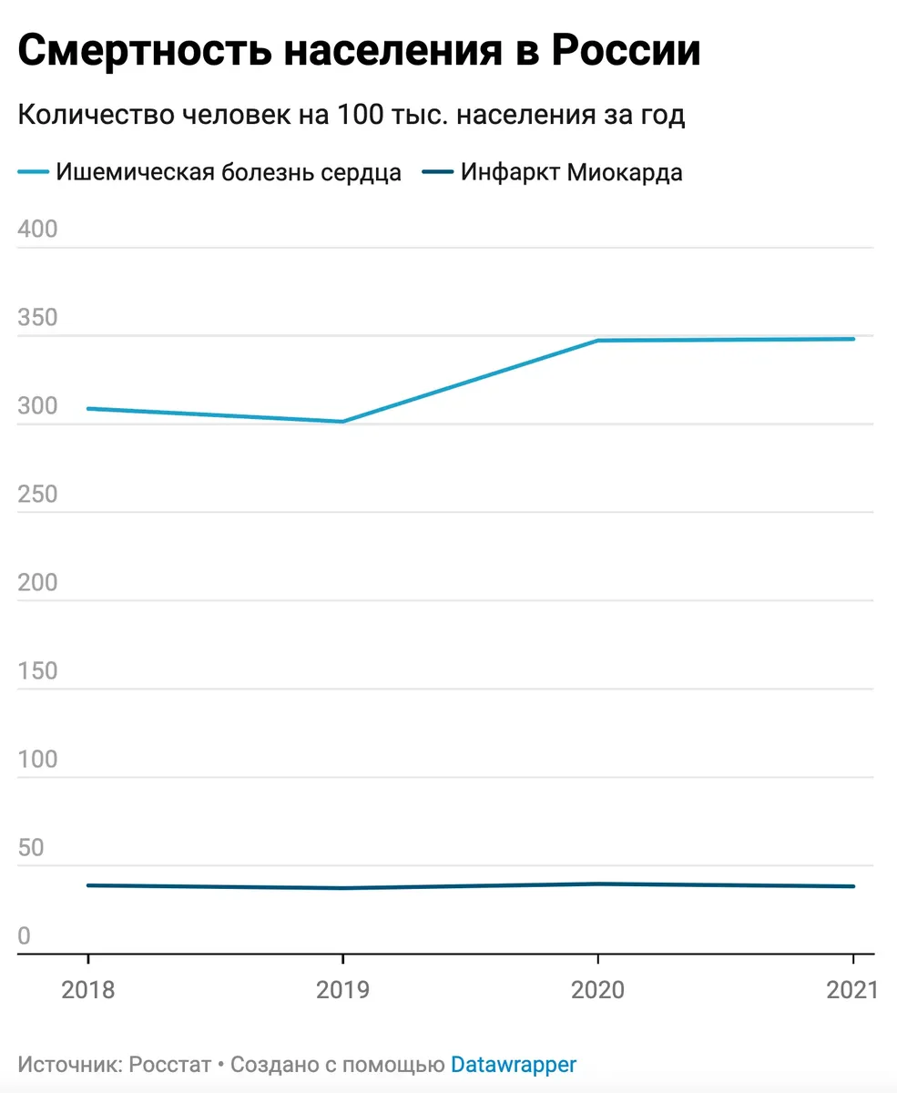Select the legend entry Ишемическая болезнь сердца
[228, 172]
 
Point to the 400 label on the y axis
[37, 230]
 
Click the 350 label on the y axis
[37, 318]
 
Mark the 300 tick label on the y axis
[37, 406]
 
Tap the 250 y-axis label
[37, 495]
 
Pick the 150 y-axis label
[37, 671]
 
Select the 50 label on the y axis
[31, 848]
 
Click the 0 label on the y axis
[25, 936]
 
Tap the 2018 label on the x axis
[87, 990]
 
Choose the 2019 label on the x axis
[342, 990]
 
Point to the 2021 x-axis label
[852, 990]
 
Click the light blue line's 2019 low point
[342, 422]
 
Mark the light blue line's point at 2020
[597, 341]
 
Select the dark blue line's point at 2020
[597, 884]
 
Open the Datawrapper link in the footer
[514, 1064]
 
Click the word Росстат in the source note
[170, 1064]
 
